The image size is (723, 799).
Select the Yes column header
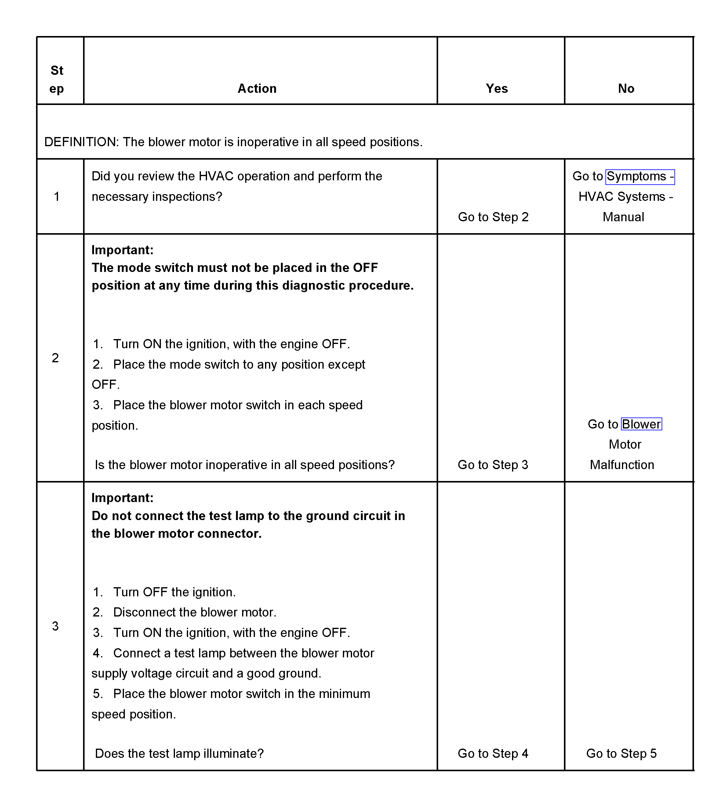tap(496, 89)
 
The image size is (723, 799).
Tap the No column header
tap(626, 89)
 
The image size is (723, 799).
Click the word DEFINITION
tap(81, 142)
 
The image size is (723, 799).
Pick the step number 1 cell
tap(57, 197)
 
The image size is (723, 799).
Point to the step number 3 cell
tap(56, 626)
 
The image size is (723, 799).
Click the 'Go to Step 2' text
tap(493, 217)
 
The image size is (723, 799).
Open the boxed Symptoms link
tap(640, 176)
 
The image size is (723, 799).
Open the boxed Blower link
tap(641, 424)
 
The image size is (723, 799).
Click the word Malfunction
tap(621, 465)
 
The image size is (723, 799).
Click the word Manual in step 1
tap(623, 217)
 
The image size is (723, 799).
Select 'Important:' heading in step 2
tap(122, 250)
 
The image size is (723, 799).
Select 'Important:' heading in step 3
tap(122, 498)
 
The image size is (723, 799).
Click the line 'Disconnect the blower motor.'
tap(194, 612)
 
